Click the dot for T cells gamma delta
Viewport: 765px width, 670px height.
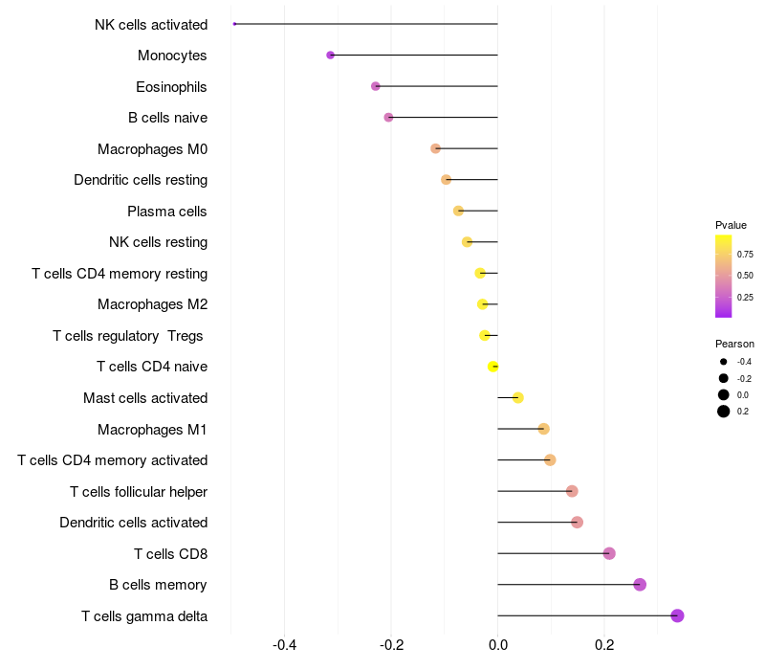point(677,615)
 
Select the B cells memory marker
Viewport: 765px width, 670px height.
point(640,585)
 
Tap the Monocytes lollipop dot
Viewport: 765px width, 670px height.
point(331,56)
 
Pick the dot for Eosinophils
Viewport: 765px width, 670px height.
point(376,86)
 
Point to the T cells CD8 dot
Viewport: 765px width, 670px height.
point(609,553)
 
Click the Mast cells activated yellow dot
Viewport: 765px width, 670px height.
point(518,398)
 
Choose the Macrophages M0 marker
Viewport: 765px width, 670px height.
point(436,148)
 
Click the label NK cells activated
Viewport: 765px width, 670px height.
point(151,24)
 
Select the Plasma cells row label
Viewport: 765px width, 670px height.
point(167,211)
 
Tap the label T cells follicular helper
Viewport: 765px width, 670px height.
point(139,491)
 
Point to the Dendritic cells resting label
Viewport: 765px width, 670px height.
point(141,180)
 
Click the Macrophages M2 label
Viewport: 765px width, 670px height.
point(152,304)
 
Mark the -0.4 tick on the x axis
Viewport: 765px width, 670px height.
point(284,645)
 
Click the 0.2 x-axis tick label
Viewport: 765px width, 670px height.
point(604,645)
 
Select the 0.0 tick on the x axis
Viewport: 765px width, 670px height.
point(497,645)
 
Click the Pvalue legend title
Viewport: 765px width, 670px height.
point(731,225)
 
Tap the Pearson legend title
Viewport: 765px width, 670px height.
point(734,344)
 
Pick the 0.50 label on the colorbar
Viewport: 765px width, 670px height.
point(745,276)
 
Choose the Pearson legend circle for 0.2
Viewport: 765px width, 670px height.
point(724,412)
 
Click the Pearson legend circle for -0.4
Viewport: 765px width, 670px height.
point(724,362)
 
